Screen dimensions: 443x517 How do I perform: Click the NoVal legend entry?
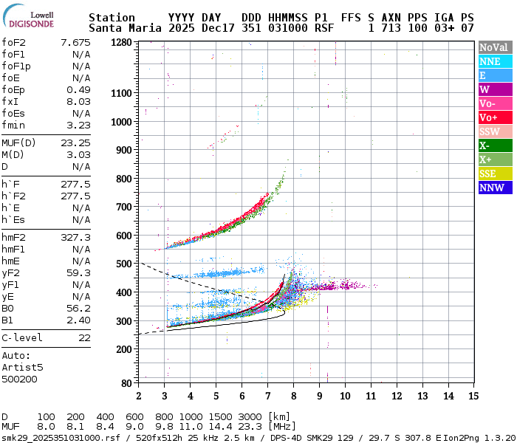(x=493, y=47)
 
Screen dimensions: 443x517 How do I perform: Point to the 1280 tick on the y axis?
(x=121, y=42)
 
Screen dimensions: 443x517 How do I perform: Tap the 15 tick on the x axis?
(x=472, y=395)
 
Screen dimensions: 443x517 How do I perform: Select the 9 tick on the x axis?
(x=319, y=395)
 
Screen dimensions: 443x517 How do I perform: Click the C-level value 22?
(x=83, y=337)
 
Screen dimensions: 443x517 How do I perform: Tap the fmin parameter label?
(x=14, y=125)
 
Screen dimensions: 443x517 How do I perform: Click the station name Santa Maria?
(x=123, y=28)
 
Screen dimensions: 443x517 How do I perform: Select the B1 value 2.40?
(x=78, y=320)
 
